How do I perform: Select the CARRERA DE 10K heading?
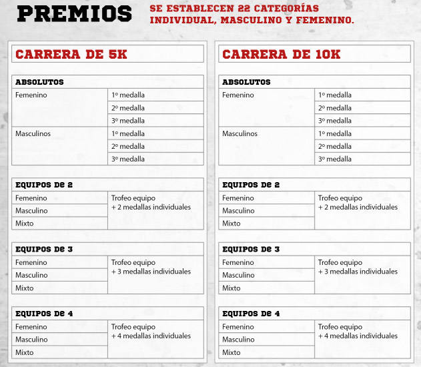coord(281,54)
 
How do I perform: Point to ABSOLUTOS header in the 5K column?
coord(39,82)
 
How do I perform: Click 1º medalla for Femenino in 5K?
coord(128,95)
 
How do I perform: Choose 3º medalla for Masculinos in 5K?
coord(128,159)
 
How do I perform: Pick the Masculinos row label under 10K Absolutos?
coord(240,133)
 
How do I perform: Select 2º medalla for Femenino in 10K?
coord(335,107)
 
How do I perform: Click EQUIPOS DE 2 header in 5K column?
coord(44,185)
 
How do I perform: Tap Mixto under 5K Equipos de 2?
coord(25,224)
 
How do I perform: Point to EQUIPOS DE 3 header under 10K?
coord(251,250)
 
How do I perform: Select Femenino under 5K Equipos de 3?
coord(31,262)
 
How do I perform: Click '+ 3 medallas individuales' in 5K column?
coord(151,272)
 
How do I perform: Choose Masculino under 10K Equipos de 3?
coord(238,275)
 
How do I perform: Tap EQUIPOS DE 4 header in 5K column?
coord(44,314)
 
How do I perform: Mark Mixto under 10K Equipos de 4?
coord(232,352)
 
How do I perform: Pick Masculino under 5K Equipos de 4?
coord(31,340)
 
